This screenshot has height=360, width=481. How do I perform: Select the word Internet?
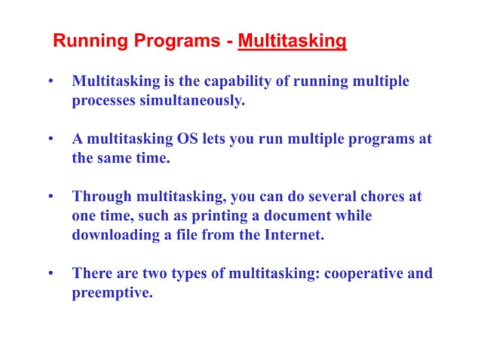295,235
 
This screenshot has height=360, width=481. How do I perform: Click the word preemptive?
112,292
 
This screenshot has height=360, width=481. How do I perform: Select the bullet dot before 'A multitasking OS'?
51,140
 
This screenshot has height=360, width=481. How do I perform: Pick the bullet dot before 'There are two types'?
51,274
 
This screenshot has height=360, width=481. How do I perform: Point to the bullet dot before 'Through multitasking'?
51,198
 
